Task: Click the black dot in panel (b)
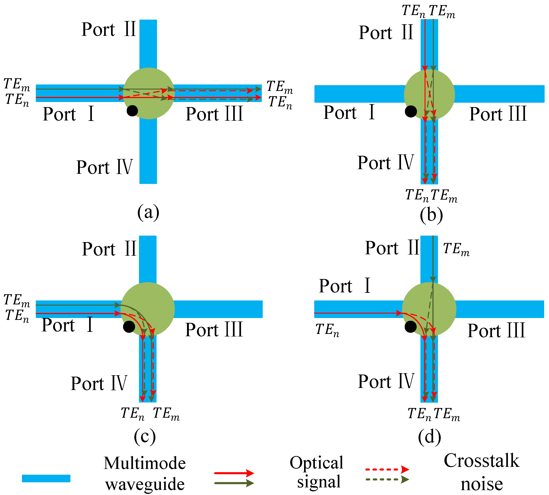[411, 111]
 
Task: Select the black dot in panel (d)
[410, 327]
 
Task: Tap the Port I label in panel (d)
[344, 286]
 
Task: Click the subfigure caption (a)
[148, 212]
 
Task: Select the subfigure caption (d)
[430, 437]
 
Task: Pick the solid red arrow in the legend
[234, 473]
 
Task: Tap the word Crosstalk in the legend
[481, 461]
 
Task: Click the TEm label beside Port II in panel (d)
[456, 249]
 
